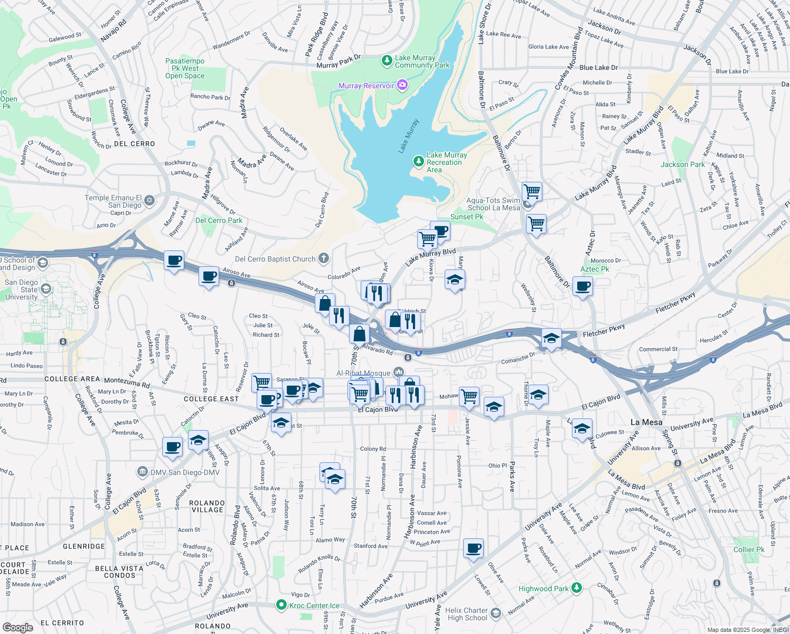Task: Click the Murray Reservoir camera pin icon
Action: click(402, 85)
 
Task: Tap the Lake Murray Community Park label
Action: click(422, 62)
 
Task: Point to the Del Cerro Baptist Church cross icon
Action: click(324, 258)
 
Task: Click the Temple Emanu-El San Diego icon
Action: click(149, 200)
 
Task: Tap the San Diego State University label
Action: click(21, 290)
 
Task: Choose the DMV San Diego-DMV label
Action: click(185, 472)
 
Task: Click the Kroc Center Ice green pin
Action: click(281, 605)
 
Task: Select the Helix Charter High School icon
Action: click(495, 613)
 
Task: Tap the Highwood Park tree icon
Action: click(577, 588)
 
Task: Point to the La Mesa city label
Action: click(646, 422)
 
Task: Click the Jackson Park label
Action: click(682, 164)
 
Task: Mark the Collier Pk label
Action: click(749, 549)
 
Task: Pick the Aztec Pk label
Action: click(595, 269)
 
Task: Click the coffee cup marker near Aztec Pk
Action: click(582, 287)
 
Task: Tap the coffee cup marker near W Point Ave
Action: click(474, 548)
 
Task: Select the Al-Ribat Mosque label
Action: click(363, 373)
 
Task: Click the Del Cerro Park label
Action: click(219, 220)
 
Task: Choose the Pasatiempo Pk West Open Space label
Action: click(185, 68)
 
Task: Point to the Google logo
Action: click(17, 627)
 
